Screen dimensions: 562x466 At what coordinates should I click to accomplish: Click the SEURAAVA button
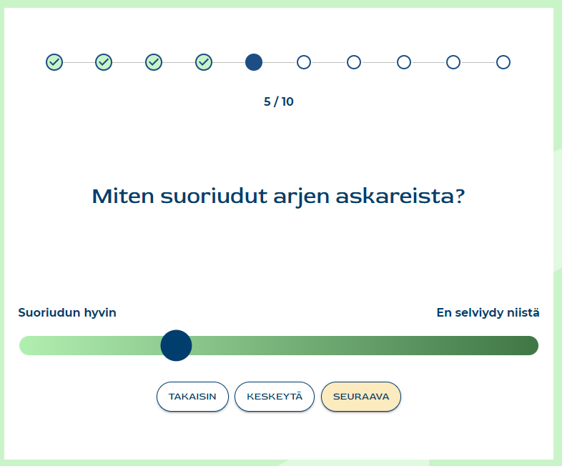(x=361, y=397)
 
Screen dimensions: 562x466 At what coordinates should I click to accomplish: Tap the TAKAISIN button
(x=192, y=397)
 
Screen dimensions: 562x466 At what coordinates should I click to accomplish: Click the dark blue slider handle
(x=176, y=345)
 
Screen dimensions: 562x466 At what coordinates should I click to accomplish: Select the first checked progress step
(x=54, y=62)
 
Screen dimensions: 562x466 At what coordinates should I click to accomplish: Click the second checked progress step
(x=104, y=62)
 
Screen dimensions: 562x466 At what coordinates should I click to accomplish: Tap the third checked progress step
(x=154, y=62)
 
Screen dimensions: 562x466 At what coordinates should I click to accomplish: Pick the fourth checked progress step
(x=204, y=62)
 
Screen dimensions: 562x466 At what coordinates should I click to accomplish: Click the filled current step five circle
(x=254, y=62)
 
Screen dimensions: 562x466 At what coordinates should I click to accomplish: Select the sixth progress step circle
(x=304, y=62)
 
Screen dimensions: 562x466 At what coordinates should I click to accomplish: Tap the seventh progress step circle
(x=354, y=62)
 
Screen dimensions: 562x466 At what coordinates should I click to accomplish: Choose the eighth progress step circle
(x=404, y=62)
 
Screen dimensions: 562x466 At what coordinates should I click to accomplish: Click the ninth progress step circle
(x=453, y=62)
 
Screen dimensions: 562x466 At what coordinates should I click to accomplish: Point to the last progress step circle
(x=503, y=62)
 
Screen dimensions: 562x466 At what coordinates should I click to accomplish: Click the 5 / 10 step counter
(x=278, y=101)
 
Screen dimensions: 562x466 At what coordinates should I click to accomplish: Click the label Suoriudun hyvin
(x=67, y=313)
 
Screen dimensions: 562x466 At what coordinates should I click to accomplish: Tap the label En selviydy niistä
(x=488, y=313)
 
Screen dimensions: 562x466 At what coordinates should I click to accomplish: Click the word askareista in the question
(x=400, y=197)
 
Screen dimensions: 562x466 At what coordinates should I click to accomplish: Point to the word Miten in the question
(x=123, y=197)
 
